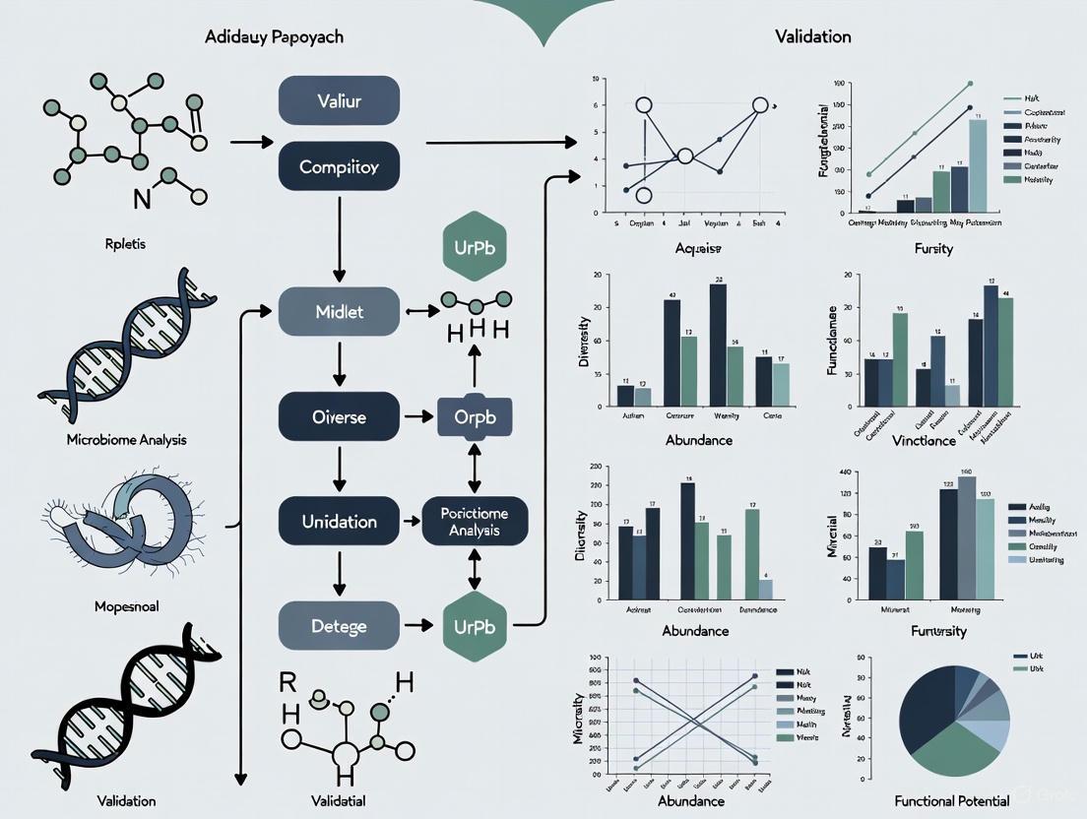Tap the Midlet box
tap(340, 312)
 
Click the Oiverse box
tap(340, 416)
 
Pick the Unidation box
tap(340, 522)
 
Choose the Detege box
tap(340, 625)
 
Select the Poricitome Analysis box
tap(476, 522)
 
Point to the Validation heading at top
tap(812, 37)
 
